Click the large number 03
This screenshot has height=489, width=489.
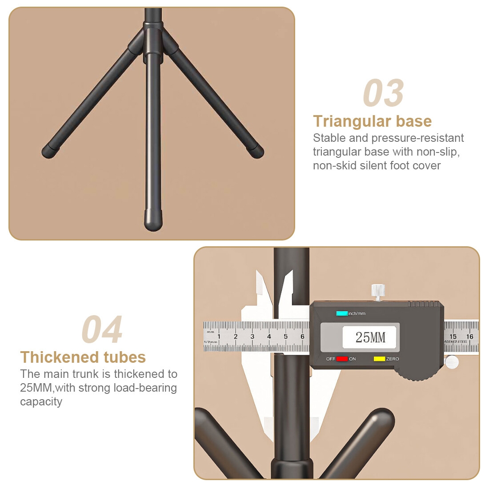pos(383,93)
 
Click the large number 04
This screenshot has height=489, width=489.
pos(102,329)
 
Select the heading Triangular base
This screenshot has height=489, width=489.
pos(373,121)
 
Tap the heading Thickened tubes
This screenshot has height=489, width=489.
pos(83,357)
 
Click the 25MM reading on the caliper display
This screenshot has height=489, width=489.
pos(370,337)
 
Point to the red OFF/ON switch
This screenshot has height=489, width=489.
pos(342,359)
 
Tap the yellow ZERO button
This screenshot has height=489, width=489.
pos(380,359)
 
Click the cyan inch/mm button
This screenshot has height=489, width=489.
pos(342,313)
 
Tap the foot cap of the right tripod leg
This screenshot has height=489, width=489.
pos(257,152)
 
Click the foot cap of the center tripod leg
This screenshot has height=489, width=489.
pos(153,220)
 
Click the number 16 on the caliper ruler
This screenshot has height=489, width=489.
pos(470,337)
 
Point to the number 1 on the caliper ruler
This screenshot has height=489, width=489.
pos(219,337)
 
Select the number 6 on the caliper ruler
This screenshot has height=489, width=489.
pos(302,337)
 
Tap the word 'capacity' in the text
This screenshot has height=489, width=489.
pos(41,402)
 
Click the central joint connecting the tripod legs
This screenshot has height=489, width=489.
pos(153,42)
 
